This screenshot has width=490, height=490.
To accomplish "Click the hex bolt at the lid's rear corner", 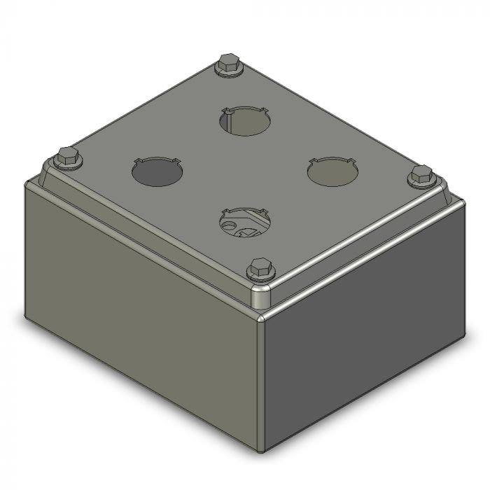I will [x=227, y=64].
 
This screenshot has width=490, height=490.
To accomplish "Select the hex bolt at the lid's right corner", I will [x=421, y=175].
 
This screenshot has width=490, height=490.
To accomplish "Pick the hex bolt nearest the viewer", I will [x=258, y=268].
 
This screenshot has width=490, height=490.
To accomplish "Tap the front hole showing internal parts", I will [x=244, y=223].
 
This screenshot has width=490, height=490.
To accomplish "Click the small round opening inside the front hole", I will [x=229, y=225].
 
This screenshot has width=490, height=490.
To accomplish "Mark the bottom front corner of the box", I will [x=263, y=449].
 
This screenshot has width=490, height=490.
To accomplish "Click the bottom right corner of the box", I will [x=463, y=336].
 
